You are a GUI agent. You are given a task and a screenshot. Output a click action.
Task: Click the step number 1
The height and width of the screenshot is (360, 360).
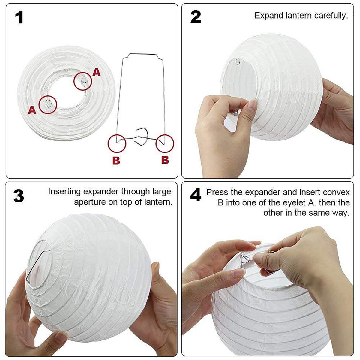pos(19,17)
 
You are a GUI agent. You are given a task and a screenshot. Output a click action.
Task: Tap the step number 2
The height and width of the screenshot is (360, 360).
pos(196,17)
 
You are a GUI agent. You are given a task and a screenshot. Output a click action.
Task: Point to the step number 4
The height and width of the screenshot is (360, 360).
pos(196,195)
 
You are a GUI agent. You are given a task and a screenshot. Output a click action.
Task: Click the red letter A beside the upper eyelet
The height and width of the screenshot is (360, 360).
pos(96,72)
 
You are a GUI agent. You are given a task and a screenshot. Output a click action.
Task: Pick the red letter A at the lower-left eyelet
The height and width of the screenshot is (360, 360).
pos(32,110)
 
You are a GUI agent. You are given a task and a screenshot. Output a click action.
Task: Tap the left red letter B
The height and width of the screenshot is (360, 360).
pos(116,160)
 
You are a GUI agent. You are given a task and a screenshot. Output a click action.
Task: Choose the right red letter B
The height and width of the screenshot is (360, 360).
pos(165,160)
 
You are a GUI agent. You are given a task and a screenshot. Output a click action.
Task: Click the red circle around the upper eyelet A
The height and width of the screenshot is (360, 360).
pos(83,81)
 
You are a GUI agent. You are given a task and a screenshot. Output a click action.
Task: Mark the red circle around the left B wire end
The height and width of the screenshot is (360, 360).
pos(117,144)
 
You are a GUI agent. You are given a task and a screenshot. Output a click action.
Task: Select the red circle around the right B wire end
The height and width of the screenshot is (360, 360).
pos(165,144)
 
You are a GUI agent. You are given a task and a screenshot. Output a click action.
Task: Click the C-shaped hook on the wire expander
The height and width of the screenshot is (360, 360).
pos(141,137)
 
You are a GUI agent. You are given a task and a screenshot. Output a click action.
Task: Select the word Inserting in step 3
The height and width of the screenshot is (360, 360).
pos(64,192)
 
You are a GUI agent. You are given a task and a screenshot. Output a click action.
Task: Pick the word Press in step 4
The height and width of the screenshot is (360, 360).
pos(217,192)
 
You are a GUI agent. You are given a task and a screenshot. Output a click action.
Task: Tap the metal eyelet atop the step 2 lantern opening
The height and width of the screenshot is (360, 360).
pos(238,61)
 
